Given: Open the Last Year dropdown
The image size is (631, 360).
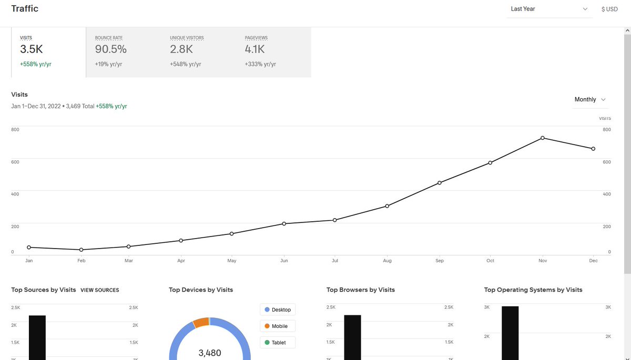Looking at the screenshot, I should coord(549,9).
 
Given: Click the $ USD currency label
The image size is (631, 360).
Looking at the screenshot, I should coord(609,9).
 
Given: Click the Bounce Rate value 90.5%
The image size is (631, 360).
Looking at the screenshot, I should coord(111,49).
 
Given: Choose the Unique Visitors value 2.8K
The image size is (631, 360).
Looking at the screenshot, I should coord(181,49).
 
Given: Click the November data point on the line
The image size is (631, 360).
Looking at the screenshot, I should coord(542,138).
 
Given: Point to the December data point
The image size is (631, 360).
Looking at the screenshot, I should coord(593,149).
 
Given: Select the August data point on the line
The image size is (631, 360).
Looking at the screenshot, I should coord(387,206).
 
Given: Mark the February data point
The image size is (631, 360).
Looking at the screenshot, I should coord(81,250).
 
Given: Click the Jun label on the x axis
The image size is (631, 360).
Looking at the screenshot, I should coord(284,261).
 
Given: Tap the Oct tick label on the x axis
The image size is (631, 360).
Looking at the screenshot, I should coord(490,261).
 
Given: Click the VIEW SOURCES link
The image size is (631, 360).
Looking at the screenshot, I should coord(99,290).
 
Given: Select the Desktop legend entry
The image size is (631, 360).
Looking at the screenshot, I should coord(278,310).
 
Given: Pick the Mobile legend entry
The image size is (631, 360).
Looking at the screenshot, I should coord(278,326).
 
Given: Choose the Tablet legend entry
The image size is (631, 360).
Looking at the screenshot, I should coord(278,342).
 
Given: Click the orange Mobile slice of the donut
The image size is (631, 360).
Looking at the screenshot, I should coord(201,323).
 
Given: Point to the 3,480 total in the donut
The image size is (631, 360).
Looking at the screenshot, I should coord(209,353).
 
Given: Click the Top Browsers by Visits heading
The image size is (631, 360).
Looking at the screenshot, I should coord(360,290).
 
